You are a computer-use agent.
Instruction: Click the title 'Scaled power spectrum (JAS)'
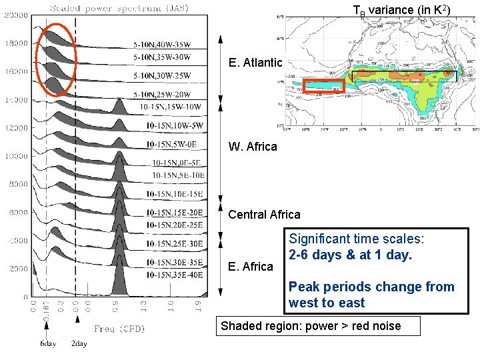119,8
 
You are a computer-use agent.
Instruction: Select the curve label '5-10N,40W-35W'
171,45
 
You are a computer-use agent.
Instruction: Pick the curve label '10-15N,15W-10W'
171,107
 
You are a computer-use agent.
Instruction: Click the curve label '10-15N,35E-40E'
175,274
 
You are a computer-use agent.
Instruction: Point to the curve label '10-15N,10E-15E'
174,194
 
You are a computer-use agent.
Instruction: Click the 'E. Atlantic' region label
255,63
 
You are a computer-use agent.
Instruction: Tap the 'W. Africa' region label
253,147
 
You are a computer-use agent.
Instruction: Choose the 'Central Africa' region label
264,215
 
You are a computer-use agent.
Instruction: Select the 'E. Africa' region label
250,267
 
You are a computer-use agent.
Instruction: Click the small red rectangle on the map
324,86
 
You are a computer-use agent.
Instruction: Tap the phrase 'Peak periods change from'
371,287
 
